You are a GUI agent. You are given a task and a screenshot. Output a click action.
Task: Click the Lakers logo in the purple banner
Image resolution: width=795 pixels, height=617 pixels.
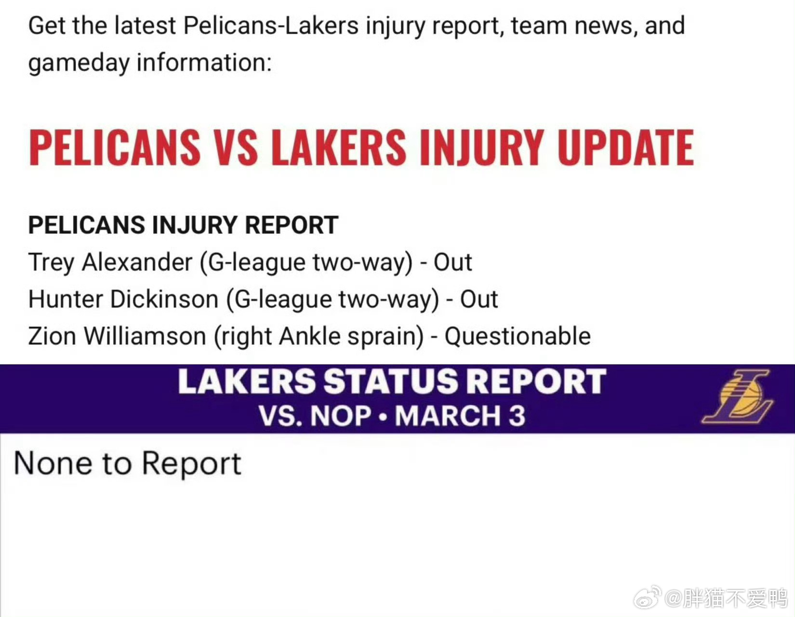tap(738, 397)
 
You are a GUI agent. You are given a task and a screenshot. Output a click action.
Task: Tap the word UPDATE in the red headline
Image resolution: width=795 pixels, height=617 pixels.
tap(625, 148)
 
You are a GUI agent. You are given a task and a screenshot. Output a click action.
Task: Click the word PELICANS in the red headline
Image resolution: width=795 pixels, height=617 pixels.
tap(115, 148)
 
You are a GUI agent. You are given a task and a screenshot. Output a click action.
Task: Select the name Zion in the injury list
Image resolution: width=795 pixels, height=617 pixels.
tap(52, 336)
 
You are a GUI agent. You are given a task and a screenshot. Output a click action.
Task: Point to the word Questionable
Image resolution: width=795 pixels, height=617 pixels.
tap(517, 336)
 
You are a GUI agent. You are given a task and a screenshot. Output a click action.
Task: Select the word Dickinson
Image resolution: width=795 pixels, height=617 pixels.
tap(164, 299)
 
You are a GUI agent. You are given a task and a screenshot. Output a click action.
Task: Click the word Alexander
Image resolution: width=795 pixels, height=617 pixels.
tap(137, 262)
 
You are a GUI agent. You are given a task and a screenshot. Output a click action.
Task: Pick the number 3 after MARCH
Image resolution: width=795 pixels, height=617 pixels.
tap(517, 416)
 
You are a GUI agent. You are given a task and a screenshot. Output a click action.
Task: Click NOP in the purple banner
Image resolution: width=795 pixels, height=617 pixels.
tap(341, 416)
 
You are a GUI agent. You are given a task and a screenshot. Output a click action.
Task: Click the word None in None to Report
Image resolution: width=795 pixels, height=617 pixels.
tap(53, 463)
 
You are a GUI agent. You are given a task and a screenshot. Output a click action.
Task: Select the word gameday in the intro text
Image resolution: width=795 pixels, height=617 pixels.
tap(79, 64)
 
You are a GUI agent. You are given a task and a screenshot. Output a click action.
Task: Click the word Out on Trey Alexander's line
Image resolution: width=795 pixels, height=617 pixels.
tap(452, 262)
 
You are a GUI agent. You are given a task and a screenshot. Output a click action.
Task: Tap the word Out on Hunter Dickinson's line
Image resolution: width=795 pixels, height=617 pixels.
tap(479, 299)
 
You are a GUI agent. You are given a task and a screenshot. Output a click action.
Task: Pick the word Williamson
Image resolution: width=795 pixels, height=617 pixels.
tap(145, 336)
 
